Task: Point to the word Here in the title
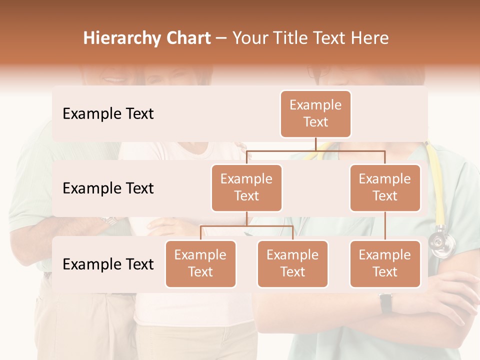(x=370, y=38)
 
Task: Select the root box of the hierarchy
(x=315, y=113)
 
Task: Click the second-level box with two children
(x=246, y=187)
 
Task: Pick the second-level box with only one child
(x=385, y=187)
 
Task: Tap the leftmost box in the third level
(x=200, y=263)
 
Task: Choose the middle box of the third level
(x=292, y=263)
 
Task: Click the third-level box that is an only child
(x=385, y=263)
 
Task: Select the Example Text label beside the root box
(x=108, y=114)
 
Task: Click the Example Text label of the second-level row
(x=108, y=188)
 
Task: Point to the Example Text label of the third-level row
(x=108, y=264)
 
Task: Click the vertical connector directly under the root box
(x=315, y=144)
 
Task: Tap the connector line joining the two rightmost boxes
(x=385, y=226)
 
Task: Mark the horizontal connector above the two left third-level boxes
(x=246, y=226)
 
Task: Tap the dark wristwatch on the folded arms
(x=385, y=303)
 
